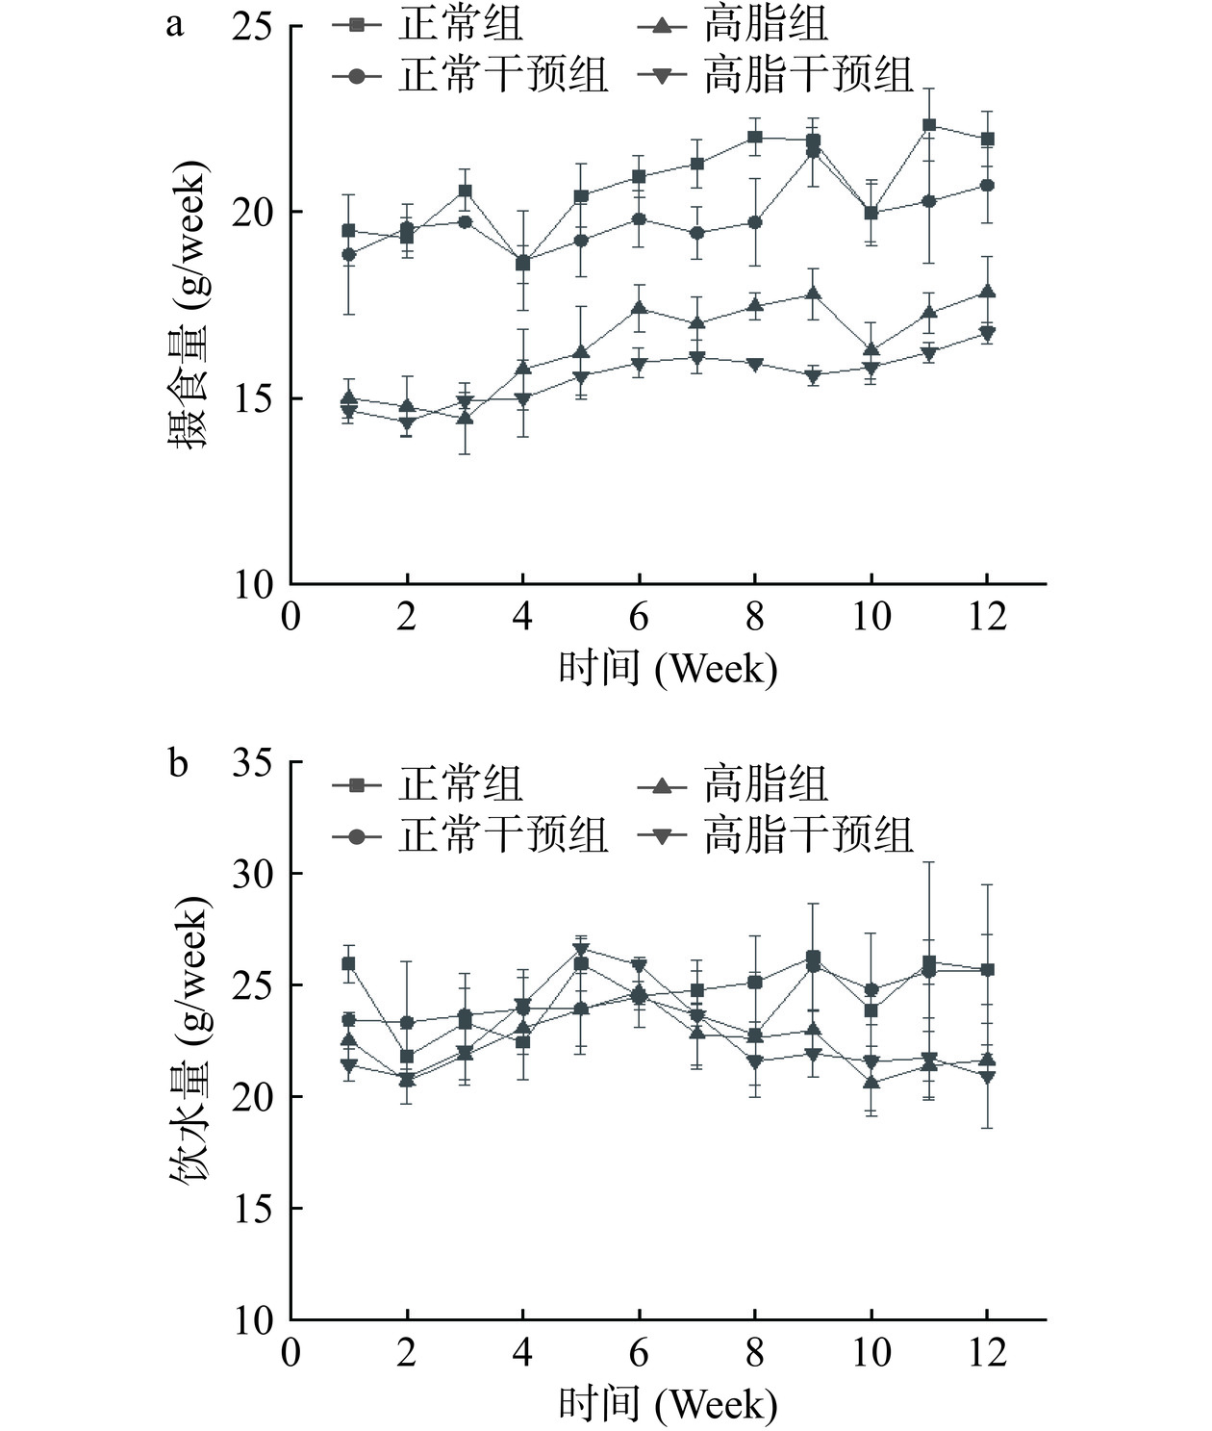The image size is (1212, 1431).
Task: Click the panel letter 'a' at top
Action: coord(174,24)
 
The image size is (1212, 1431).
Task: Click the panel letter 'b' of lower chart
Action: coord(178,763)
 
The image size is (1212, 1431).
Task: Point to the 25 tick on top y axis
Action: coord(253,26)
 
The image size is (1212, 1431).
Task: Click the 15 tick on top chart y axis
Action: coord(253,398)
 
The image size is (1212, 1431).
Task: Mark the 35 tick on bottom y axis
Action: coord(253,763)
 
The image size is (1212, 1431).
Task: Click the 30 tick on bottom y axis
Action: coord(253,874)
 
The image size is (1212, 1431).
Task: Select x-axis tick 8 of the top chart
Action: coord(755,616)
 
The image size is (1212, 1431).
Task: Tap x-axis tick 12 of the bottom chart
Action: coord(987,1352)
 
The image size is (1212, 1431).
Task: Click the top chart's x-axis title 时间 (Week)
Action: coord(668,668)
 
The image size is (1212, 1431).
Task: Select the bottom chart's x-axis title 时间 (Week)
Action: coord(668,1404)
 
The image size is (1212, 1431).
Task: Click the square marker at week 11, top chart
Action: coord(929,125)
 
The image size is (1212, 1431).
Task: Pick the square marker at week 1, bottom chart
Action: coord(349,963)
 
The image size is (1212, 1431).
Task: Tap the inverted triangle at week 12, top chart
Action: coord(987,334)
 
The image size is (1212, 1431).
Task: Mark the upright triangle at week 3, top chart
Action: coord(465,418)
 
